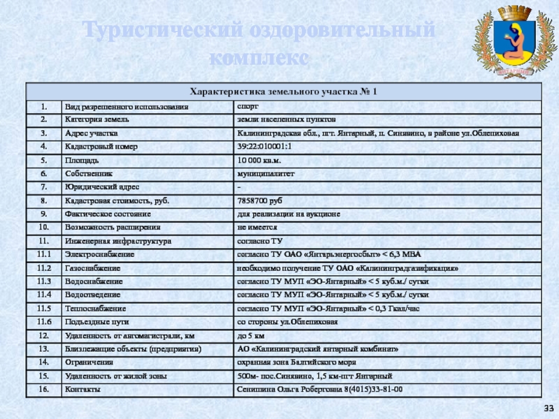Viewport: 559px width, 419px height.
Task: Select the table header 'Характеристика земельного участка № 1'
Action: (x=284, y=91)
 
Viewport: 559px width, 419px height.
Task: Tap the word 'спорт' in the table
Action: (x=248, y=105)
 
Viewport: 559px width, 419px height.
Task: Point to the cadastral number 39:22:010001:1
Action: (x=263, y=146)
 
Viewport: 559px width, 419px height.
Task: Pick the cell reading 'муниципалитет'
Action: (x=266, y=172)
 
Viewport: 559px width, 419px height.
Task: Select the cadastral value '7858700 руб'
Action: (x=260, y=200)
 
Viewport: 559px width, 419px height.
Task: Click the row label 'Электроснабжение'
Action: (x=100, y=254)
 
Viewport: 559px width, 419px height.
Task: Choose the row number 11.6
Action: (x=44, y=321)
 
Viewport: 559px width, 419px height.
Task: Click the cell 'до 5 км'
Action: (x=251, y=335)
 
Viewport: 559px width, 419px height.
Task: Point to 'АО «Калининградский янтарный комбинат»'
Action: (x=318, y=348)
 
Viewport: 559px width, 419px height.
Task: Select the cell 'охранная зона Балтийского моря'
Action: (x=297, y=362)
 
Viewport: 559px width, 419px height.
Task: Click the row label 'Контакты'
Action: (x=82, y=389)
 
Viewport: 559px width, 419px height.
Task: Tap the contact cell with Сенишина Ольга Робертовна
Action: (x=319, y=389)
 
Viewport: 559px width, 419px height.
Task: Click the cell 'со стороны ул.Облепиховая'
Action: (x=287, y=321)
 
